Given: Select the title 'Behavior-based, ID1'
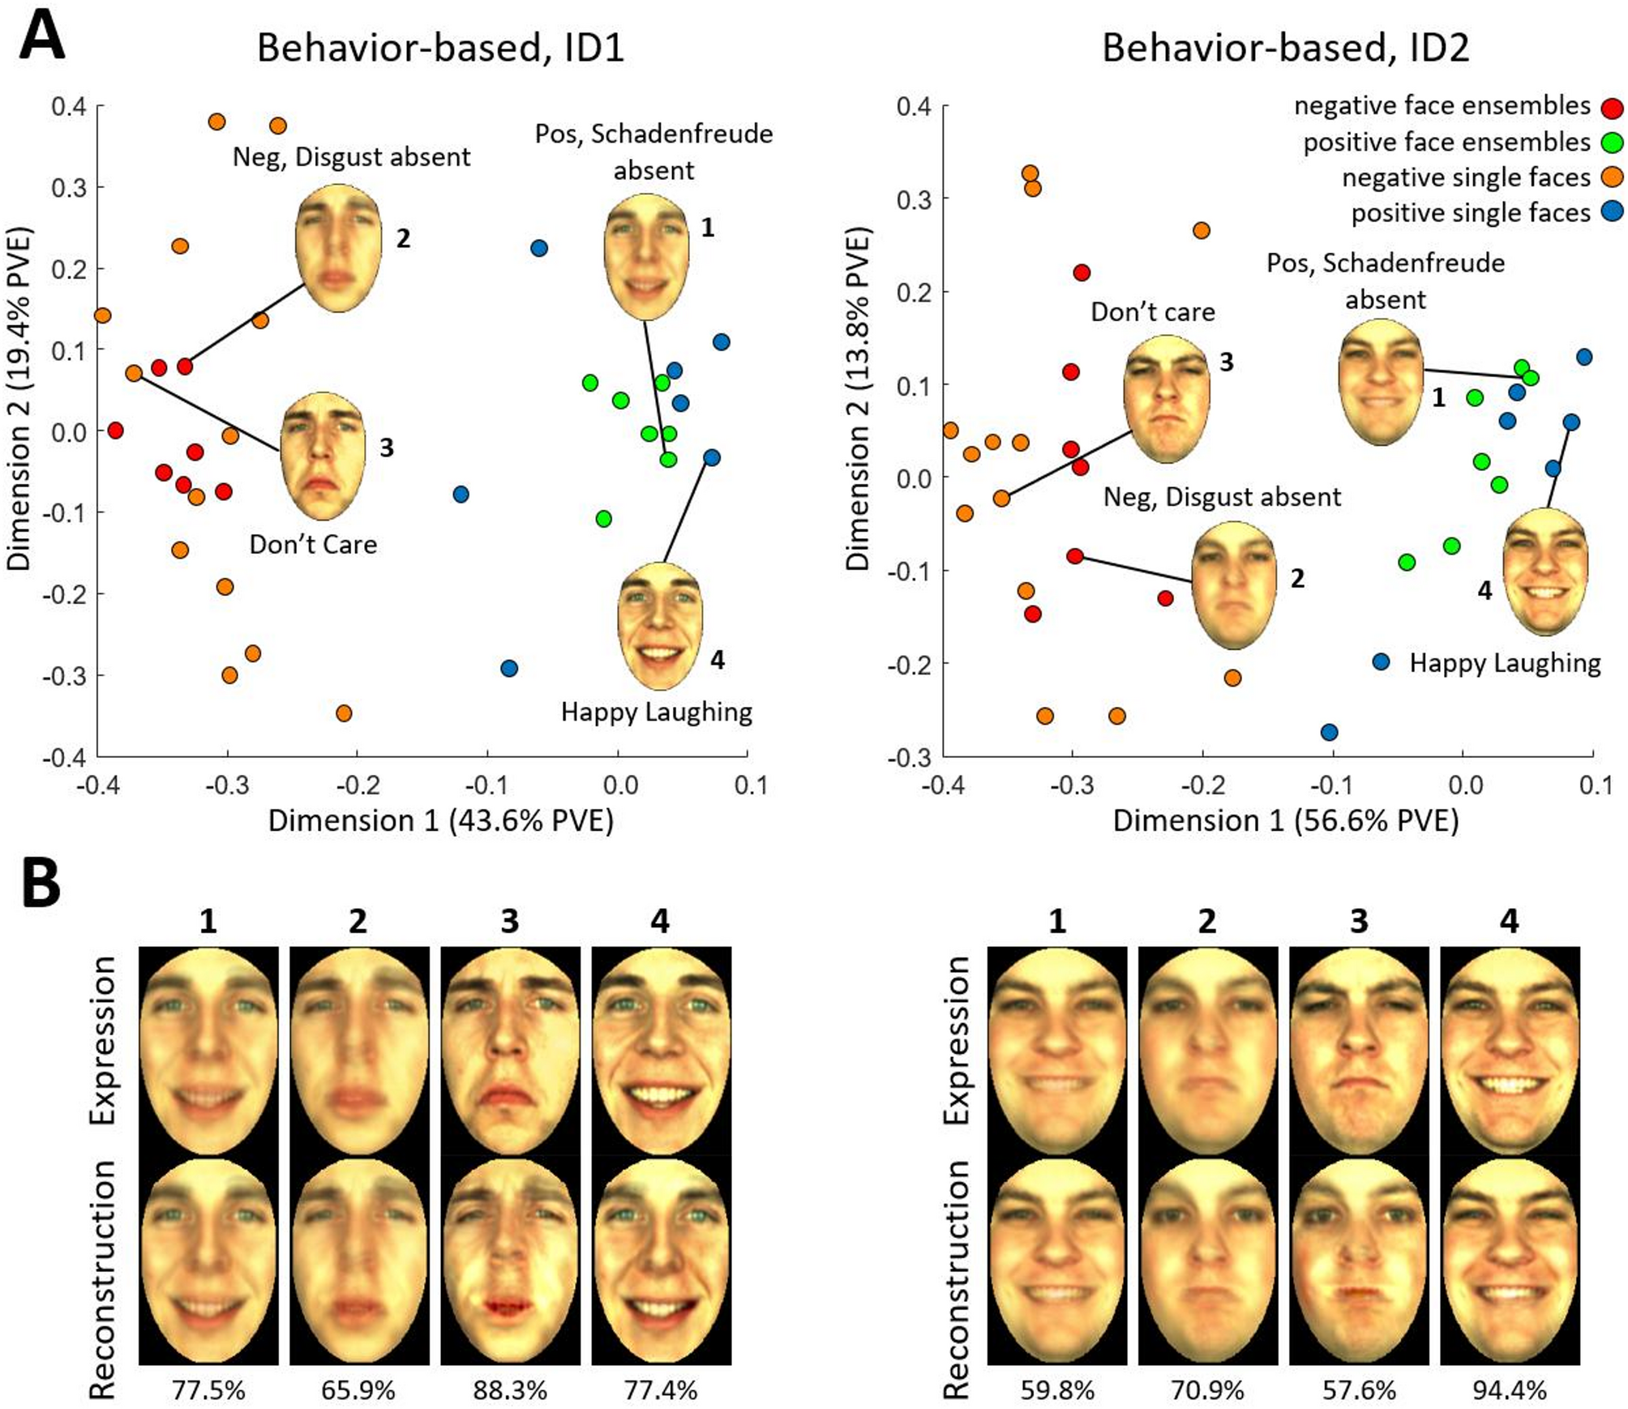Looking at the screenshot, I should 440,48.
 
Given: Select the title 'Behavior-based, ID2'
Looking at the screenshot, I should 1285,48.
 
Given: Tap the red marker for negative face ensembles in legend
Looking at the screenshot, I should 1613,108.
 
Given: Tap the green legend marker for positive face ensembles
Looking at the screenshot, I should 1613,143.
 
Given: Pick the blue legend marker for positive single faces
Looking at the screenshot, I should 1613,213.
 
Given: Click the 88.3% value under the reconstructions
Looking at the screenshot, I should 510,1390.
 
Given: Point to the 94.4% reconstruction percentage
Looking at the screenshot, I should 1509,1390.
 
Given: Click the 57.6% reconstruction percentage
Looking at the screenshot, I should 1359,1390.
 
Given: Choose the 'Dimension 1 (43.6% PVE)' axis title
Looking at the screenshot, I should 440,820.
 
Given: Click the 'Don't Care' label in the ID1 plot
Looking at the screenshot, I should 313,544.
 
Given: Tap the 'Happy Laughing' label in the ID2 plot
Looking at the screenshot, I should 1505,663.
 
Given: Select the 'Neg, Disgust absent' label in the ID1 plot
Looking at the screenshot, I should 351,156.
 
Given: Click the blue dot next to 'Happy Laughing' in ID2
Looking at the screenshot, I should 1381,662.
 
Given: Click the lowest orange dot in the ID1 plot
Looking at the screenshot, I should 344,713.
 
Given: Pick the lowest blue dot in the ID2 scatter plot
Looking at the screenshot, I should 1329,732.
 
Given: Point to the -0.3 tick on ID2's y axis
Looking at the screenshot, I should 911,756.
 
